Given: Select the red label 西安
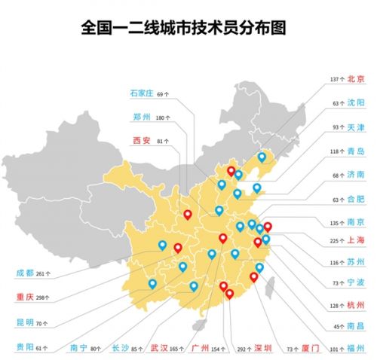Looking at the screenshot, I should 141,140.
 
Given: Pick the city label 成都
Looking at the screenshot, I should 25,273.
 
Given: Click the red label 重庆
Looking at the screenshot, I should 25,297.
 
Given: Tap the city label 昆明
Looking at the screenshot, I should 25,322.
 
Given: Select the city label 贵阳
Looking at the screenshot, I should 25,348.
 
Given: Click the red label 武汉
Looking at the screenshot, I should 159,348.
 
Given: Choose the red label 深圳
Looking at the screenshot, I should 263,348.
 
